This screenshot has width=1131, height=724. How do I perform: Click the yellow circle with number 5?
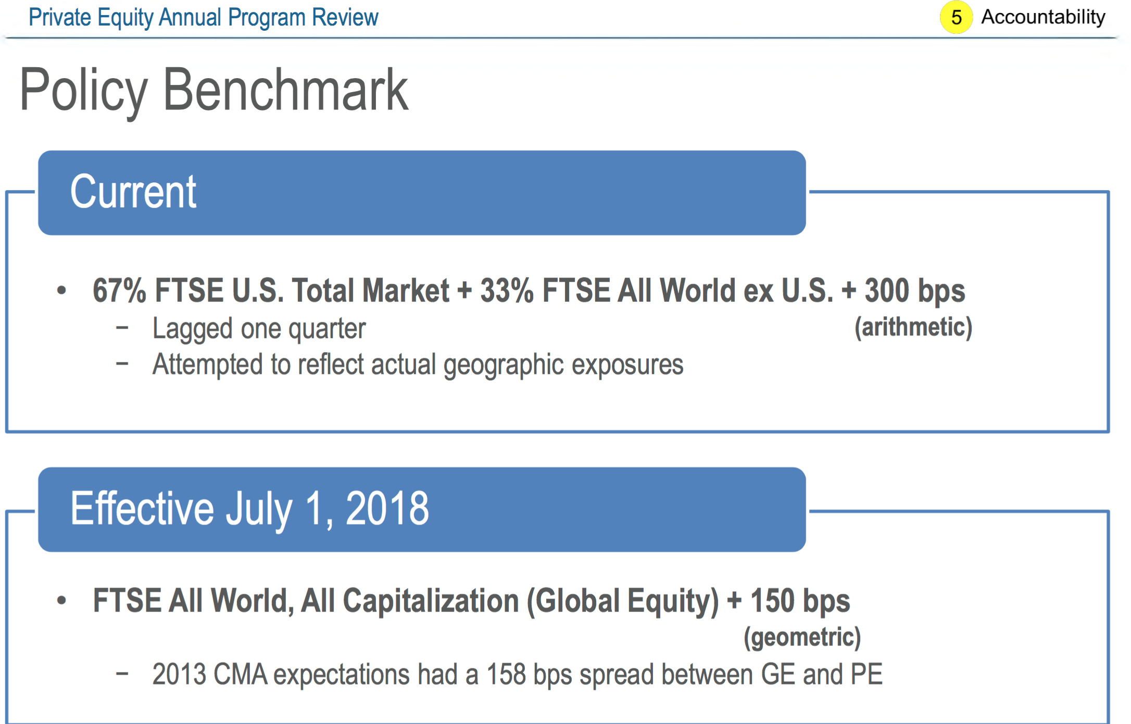(956, 17)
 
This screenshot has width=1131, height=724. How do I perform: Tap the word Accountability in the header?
(1043, 17)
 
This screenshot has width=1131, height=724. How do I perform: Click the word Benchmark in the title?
(285, 90)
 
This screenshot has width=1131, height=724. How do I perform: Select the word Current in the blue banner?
(133, 192)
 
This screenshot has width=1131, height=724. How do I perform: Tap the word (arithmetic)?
(913, 327)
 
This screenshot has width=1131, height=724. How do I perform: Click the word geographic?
(504, 365)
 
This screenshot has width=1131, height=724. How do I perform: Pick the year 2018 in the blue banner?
(387, 508)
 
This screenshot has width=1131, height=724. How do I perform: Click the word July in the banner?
(259, 509)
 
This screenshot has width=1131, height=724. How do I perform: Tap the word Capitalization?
(431, 601)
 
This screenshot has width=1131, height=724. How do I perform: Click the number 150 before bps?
(773, 601)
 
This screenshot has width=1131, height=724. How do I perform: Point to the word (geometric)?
(802, 638)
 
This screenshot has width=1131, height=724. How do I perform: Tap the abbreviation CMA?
(240, 674)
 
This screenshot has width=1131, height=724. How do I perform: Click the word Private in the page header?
(60, 17)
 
